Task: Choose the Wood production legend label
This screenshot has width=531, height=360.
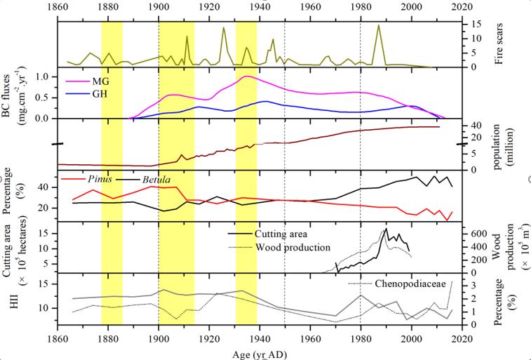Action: [294, 247]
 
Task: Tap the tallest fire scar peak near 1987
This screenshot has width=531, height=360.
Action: [379, 25]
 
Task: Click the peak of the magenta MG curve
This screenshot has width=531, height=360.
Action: [248, 76]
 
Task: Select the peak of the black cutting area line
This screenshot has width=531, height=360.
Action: [386, 229]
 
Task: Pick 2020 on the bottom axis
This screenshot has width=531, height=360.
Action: [462, 340]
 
